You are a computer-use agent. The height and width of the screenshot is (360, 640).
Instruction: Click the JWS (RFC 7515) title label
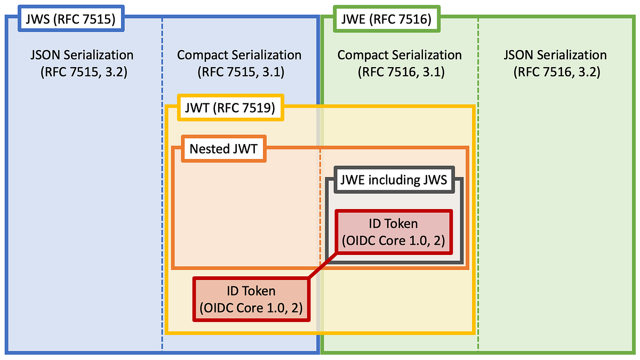click(x=70, y=21)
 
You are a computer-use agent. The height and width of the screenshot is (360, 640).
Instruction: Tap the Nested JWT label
click(x=223, y=149)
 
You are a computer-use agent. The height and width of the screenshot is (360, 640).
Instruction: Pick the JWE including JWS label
click(x=393, y=180)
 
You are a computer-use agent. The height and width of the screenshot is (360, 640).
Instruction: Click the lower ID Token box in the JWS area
click(x=251, y=299)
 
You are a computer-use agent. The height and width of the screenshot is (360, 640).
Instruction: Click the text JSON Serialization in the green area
click(x=555, y=55)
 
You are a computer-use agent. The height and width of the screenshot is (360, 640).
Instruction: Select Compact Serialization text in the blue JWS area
click(x=239, y=55)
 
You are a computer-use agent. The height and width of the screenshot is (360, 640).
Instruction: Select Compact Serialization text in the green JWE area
click(x=399, y=55)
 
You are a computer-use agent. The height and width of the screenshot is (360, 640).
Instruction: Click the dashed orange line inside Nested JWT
click(x=320, y=213)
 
